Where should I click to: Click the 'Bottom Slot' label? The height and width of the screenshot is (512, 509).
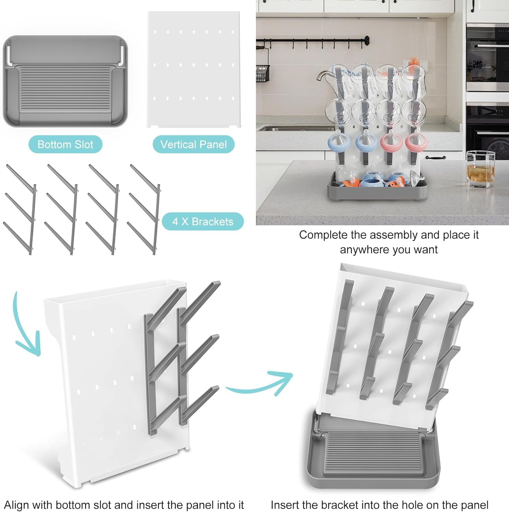(65, 144)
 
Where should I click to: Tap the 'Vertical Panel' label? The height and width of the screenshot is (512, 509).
(193, 144)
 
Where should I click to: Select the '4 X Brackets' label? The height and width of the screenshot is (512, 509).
(203, 222)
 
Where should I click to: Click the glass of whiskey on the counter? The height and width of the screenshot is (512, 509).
(480, 170)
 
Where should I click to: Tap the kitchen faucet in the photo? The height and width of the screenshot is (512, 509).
(324, 77)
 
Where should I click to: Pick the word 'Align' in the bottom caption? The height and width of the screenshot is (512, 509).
(16, 505)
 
